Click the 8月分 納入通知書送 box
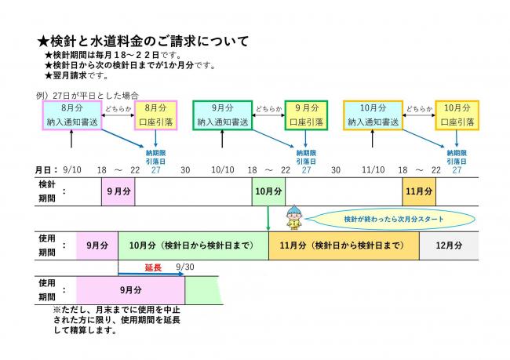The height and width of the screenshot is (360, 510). pos(71,115)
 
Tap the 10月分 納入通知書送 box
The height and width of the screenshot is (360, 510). pos(373,115)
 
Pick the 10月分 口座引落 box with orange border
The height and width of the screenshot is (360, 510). pos(457,115)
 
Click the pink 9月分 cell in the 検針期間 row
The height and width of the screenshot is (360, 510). pos(118,191)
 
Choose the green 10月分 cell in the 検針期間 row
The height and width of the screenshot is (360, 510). pos(268,191)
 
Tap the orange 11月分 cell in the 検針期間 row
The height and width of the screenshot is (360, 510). pos(418,191)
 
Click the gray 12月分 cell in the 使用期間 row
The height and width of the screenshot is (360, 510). pos(449,245)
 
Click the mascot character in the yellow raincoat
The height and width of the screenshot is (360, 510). pos(294,217)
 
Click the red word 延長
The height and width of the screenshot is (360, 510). pos(153,267)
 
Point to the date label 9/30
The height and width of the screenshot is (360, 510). pos(185,267)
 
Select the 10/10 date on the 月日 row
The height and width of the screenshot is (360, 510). pos(223,169)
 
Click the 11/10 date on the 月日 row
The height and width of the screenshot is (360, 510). pos(373,169)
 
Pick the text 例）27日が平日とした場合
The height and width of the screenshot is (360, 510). pos(84,94)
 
